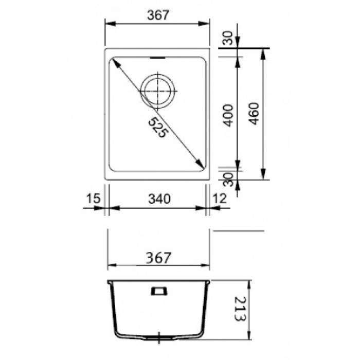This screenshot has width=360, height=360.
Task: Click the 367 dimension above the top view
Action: tap(158, 15)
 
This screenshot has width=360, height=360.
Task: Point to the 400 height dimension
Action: tap(228, 115)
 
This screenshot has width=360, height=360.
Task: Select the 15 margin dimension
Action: tap(93, 199)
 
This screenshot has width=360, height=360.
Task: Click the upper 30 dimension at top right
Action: tap(228, 37)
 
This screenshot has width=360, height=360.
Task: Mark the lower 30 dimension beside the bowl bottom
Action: tap(228, 179)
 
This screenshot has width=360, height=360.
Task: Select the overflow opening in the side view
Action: tap(158, 291)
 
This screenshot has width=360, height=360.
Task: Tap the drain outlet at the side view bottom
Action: tap(159, 339)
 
